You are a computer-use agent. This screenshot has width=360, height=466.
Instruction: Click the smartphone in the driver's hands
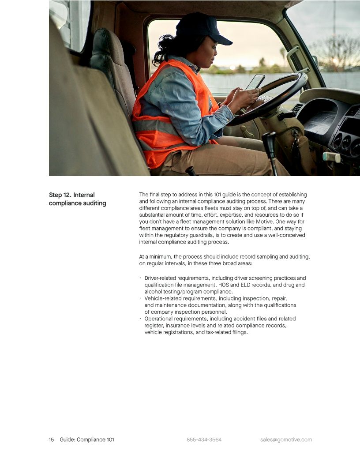[255, 82]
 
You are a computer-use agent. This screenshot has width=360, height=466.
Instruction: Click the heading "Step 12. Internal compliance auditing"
[77, 199]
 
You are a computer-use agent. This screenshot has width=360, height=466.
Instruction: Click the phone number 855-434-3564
[204, 440]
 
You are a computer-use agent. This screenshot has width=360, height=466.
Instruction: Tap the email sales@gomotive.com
[286, 440]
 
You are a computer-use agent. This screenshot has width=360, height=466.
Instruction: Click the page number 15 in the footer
[51, 440]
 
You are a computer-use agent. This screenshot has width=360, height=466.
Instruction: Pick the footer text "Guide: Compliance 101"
[87, 440]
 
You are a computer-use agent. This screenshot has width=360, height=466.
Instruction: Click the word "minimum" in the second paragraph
[161, 256]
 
